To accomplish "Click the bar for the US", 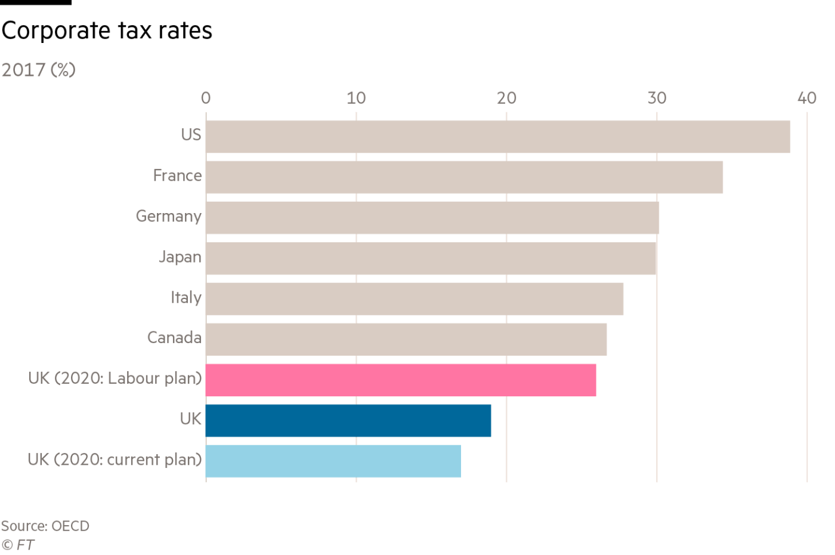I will (x=497, y=137).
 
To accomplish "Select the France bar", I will (x=464, y=177).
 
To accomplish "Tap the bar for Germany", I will (x=432, y=218).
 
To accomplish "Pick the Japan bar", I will (x=431, y=258).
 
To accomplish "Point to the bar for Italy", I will (x=414, y=299).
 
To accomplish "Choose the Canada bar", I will (x=406, y=340).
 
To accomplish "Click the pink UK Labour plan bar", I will (x=400, y=380).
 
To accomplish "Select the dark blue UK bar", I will (x=348, y=421).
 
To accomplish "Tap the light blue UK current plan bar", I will (x=333, y=461).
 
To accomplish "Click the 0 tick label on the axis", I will (x=206, y=98).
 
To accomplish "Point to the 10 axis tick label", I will (x=356, y=98).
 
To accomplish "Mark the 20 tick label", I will (x=506, y=98).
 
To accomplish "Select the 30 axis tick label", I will (x=657, y=98).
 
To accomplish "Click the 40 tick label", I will (x=807, y=98).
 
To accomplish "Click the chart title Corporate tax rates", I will (x=107, y=31).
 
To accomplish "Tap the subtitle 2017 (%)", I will (x=38, y=70).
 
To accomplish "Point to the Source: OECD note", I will (x=45, y=526).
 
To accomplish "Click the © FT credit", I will (x=18, y=544).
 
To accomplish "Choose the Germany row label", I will (x=169, y=216).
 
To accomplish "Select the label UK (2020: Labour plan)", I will (x=115, y=378).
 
